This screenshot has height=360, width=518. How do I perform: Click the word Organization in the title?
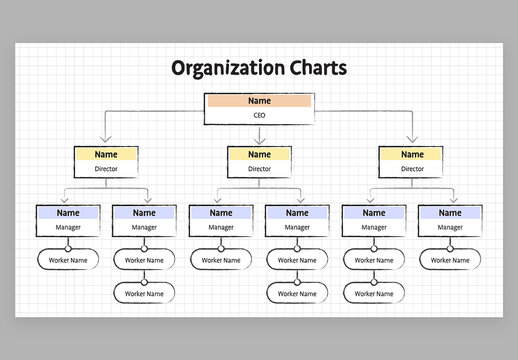click(x=222, y=68)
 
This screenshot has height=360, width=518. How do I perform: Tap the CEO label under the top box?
click(x=259, y=116)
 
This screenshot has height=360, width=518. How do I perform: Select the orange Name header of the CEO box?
click(x=259, y=101)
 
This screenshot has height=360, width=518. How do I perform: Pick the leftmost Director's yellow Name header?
click(x=106, y=155)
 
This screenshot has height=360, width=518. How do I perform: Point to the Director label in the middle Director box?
click(x=259, y=170)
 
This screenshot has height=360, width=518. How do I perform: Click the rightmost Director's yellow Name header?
click(x=412, y=155)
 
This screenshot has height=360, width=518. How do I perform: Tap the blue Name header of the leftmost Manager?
click(x=68, y=213)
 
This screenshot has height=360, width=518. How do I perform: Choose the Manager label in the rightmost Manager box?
click(x=450, y=228)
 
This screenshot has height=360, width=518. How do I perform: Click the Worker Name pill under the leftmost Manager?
click(x=68, y=260)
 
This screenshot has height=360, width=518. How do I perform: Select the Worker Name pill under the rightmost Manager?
click(x=450, y=260)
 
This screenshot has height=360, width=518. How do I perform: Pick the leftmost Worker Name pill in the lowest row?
click(x=144, y=293)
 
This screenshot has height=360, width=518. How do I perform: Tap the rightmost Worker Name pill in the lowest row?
click(x=374, y=293)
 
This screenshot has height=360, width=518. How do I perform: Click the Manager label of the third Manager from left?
click(x=221, y=228)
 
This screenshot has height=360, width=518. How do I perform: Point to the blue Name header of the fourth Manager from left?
click(x=297, y=213)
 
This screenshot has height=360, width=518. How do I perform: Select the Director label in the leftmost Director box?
click(x=106, y=170)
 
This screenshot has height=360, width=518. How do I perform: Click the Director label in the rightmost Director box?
click(x=412, y=170)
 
